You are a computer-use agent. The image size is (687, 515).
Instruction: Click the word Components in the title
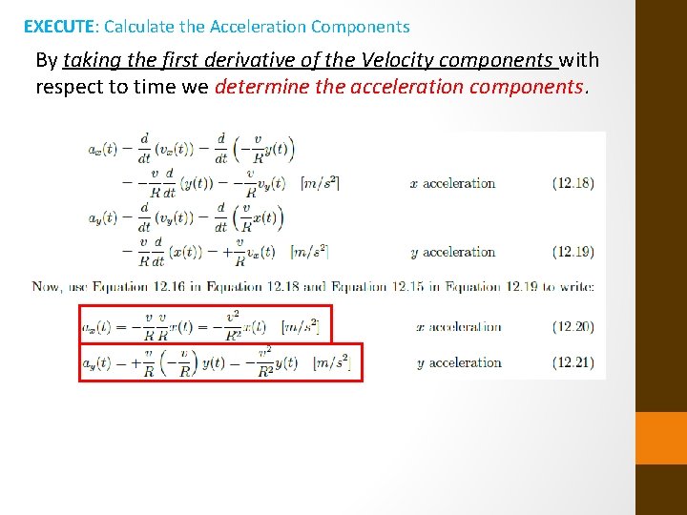pos(360,27)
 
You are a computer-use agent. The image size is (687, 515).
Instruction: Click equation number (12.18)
pos(572,183)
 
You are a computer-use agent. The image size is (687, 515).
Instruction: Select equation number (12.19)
pos(572,253)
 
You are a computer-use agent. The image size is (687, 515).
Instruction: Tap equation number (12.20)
pos(572,326)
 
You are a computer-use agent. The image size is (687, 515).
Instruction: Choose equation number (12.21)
pos(572,362)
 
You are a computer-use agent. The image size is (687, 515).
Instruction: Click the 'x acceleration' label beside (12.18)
pos(453,183)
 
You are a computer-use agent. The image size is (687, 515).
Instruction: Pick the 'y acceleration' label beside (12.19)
pos(453,253)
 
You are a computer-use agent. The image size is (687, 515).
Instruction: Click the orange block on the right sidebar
pos(660,438)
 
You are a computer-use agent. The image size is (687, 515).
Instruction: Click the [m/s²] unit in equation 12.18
pos(321,183)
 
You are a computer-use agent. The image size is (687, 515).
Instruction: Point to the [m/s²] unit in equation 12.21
pos(331,362)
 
